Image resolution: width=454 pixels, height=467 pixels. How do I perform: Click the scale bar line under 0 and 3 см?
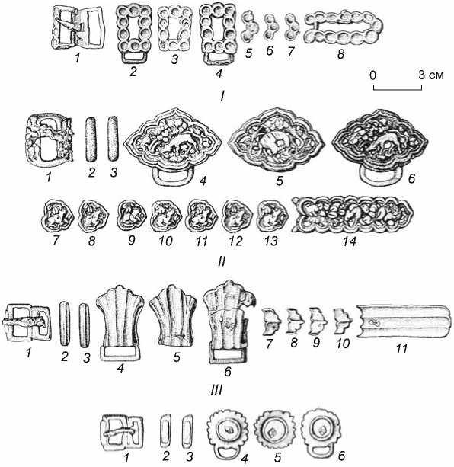point(398,89)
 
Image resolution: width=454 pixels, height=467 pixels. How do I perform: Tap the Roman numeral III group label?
point(217,389)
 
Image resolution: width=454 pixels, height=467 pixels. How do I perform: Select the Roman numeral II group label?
point(221,261)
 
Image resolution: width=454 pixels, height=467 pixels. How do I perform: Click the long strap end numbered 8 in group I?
point(344,29)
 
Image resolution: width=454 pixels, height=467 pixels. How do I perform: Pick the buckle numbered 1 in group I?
point(78,27)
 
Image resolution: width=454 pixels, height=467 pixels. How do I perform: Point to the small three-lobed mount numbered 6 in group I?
point(270,27)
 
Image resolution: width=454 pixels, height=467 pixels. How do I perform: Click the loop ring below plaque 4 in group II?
point(174,175)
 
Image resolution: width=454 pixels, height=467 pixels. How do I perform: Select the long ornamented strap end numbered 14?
point(353,214)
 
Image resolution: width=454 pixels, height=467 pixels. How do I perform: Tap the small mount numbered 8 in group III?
point(295,321)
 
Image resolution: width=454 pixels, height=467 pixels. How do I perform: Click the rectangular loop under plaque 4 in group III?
point(120,354)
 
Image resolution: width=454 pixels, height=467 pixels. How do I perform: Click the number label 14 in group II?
point(350,241)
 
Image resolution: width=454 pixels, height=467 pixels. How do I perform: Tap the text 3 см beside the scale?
point(431,75)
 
